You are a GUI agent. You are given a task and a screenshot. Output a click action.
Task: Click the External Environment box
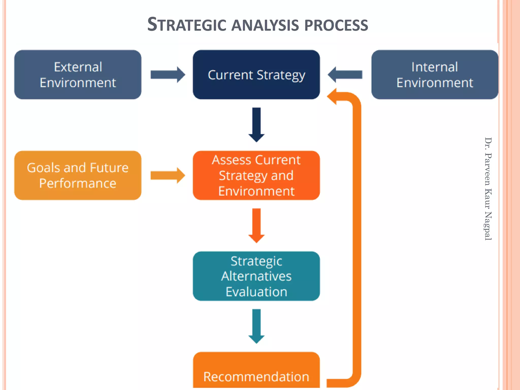78,75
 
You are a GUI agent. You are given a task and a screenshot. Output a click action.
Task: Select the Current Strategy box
256,75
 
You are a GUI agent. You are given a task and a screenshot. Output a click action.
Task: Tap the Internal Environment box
435,75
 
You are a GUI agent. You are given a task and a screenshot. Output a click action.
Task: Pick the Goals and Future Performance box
78,175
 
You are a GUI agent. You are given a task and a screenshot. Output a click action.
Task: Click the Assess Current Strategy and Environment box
256,175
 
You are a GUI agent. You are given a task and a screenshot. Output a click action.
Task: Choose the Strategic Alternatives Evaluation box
256,276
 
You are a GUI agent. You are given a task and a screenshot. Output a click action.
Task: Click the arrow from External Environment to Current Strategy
168,75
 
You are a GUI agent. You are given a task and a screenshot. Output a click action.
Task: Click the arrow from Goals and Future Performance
168,175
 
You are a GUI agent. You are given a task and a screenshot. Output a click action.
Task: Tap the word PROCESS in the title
336,25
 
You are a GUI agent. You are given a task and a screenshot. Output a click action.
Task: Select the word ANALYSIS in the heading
265,25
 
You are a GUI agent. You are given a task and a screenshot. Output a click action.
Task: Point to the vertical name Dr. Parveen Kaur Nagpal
488,189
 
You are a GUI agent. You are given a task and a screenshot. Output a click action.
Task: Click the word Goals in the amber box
43,168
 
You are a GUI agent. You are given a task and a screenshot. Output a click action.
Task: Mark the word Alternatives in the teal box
256,276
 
